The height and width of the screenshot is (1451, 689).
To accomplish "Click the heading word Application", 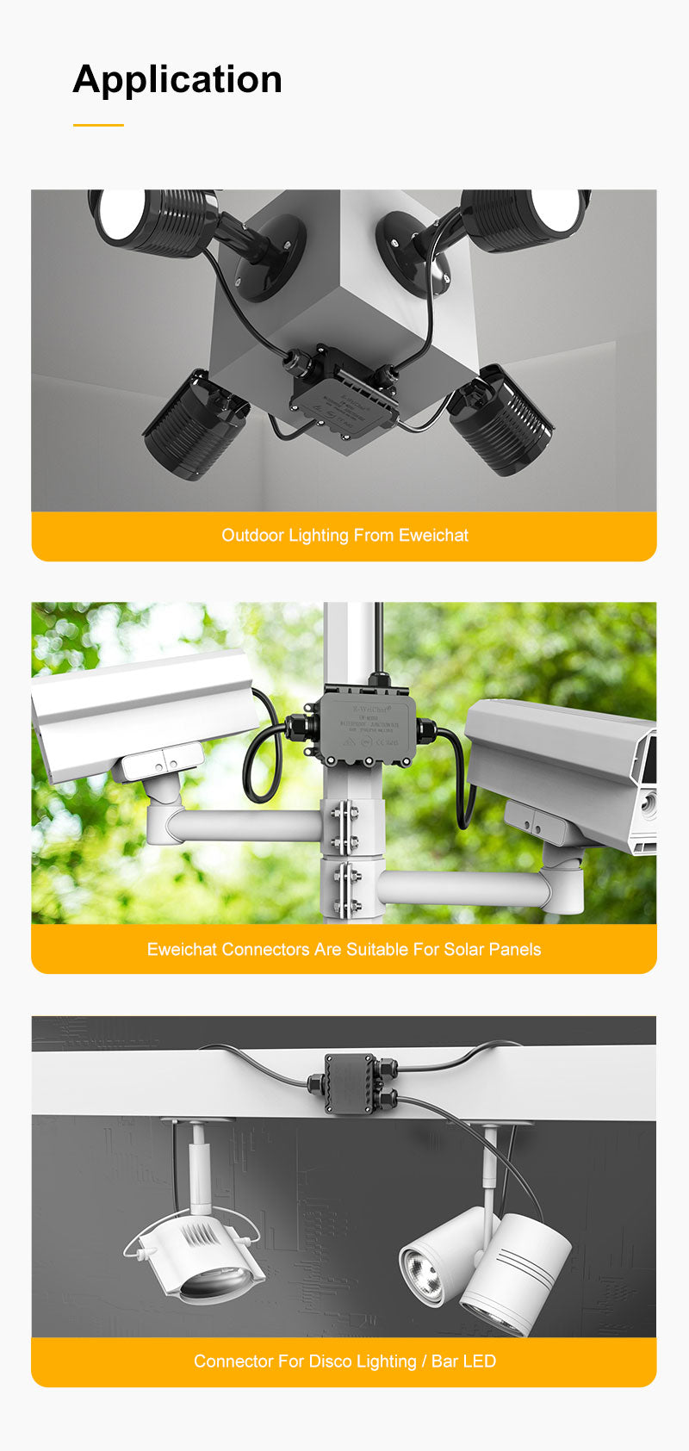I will [x=177, y=79].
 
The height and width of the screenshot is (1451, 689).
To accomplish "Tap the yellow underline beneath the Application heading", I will [x=98, y=125].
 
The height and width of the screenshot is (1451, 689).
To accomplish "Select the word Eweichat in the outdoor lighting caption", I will [x=433, y=535].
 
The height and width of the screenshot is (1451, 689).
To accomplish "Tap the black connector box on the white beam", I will [x=350, y=1082].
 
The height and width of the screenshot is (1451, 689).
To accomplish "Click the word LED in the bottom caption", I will [x=480, y=1361].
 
